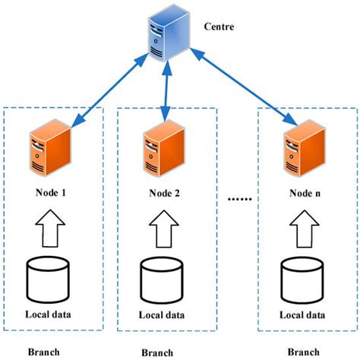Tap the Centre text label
(x=220, y=27)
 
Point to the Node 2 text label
(x=166, y=193)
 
